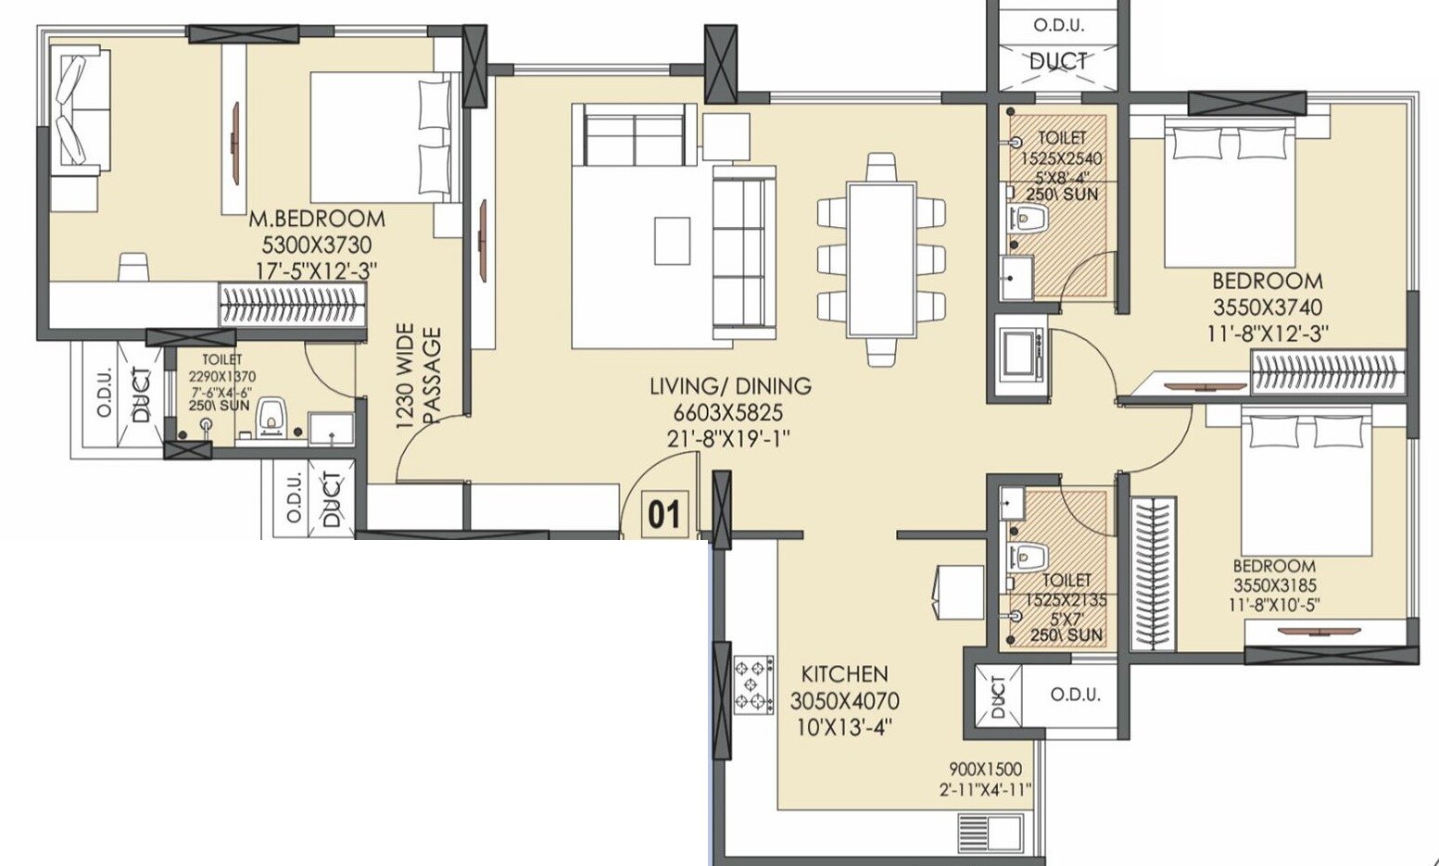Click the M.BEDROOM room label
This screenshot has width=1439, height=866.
coord(316,220)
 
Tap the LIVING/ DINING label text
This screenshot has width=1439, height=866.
coord(730,386)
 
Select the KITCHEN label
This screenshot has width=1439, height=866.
coord(844,674)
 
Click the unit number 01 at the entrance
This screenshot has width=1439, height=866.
coord(663,514)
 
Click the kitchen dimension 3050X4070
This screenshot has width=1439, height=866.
coord(844,701)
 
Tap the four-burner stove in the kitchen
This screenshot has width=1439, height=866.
coord(753,685)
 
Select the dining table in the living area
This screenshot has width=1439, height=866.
coord(881,259)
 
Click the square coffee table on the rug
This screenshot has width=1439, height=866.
coord(672,242)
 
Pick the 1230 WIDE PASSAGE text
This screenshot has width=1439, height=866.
coord(419,376)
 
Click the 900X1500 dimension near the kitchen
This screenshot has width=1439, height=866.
coord(985,769)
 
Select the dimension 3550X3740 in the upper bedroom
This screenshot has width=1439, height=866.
coord(1267,307)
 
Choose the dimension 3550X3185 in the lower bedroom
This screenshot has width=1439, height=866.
coord(1274,585)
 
